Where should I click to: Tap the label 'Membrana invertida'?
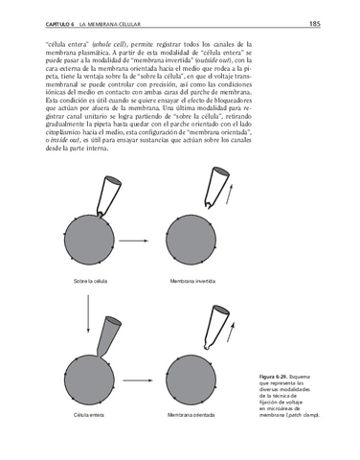pyautogui.click(x=191, y=282)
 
